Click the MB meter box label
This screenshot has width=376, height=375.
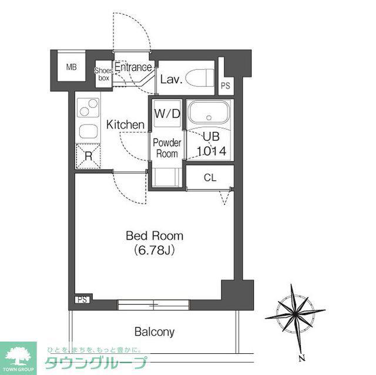pyautogui.click(x=72, y=67)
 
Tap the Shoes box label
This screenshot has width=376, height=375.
pyautogui.click(x=103, y=74)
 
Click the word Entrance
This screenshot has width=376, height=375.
pyautogui.click(x=133, y=67)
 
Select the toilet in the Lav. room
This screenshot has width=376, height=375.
pyautogui.click(x=200, y=78)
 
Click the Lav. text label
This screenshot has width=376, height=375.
pyautogui.click(x=171, y=79)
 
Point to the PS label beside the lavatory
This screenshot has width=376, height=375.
pyautogui.click(x=226, y=86)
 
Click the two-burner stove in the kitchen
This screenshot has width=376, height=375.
pyautogui.click(x=89, y=107)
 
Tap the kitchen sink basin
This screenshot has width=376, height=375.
pyautogui.click(x=89, y=131)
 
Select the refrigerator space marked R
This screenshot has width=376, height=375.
pyautogui.click(x=89, y=156)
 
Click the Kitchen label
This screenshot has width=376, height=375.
pyautogui.click(x=125, y=125)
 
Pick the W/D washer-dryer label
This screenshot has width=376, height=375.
pyautogui.click(x=167, y=114)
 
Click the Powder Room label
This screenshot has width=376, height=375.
pyautogui.click(x=167, y=148)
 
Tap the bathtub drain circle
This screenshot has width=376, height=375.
pyautogui.click(x=209, y=117)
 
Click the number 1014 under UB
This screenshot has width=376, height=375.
pyautogui.click(x=211, y=151)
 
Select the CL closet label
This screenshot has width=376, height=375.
pyautogui.click(x=210, y=178)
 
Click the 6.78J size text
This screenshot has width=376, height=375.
pyautogui.click(x=155, y=251)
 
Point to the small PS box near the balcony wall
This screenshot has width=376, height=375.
pyautogui.click(x=82, y=299)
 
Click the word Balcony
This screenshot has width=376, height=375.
pyautogui.click(x=155, y=332)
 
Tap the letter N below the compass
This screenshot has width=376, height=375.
pyautogui.click(x=302, y=358)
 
